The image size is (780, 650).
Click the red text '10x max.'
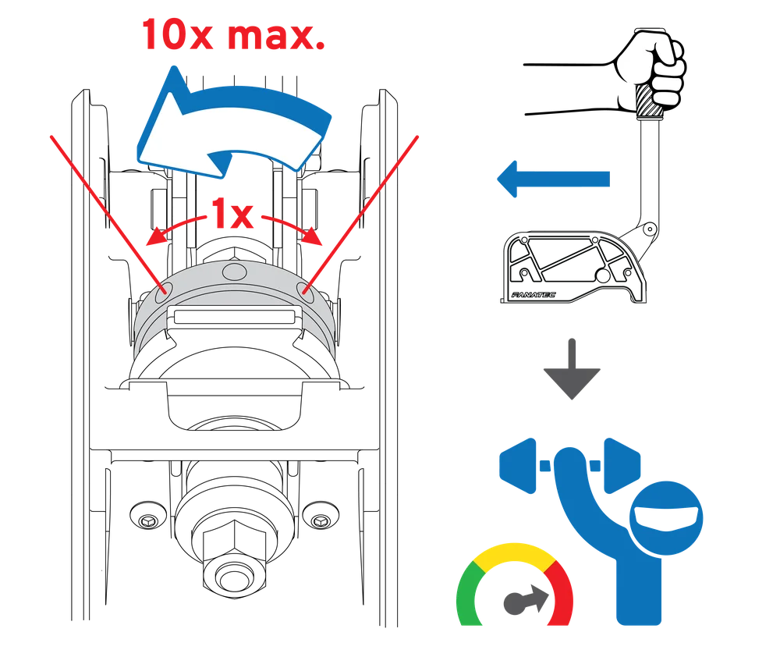click(x=233, y=34)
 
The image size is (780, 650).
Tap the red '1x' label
click(x=232, y=214)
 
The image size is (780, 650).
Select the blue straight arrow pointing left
click(x=553, y=179)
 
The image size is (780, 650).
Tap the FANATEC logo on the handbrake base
click(x=534, y=295)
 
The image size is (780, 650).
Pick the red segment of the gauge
click(x=561, y=592)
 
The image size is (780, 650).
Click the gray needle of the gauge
click(x=526, y=599)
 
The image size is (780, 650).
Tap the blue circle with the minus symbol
click(x=666, y=517)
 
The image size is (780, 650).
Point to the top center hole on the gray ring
click(x=234, y=272)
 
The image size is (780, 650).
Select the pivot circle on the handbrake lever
click(x=649, y=229)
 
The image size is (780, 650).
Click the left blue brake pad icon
click(x=518, y=466)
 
